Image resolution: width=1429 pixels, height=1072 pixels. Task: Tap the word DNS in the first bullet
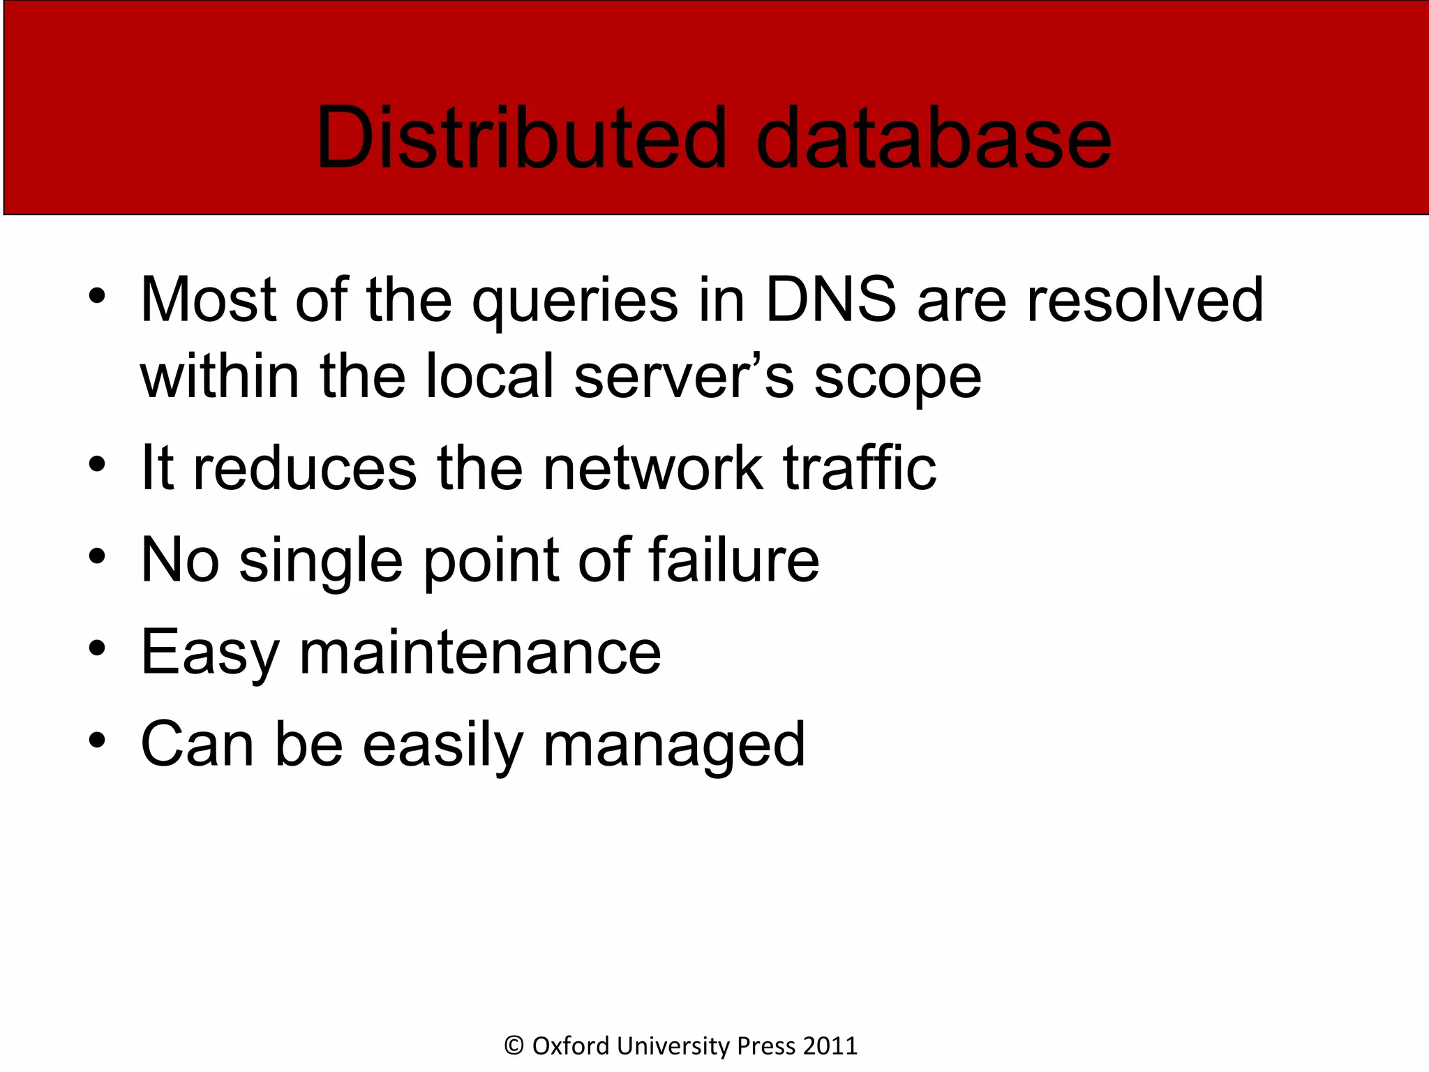pyautogui.click(x=830, y=300)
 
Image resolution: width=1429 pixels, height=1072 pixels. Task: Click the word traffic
pyautogui.click(x=860, y=468)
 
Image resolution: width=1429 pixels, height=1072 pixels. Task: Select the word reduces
pyautogui.click(x=305, y=469)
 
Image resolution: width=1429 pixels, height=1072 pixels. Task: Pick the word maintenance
pyautogui.click(x=480, y=652)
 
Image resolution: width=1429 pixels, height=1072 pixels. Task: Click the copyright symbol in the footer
pyautogui.click(x=514, y=1045)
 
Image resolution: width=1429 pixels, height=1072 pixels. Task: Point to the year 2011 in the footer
pyautogui.click(x=830, y=1045)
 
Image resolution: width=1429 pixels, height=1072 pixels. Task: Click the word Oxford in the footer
pyautogui.click(x=571, y=1045)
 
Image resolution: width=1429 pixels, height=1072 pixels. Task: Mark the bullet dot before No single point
pyautogui.click(x=98, y=557)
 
